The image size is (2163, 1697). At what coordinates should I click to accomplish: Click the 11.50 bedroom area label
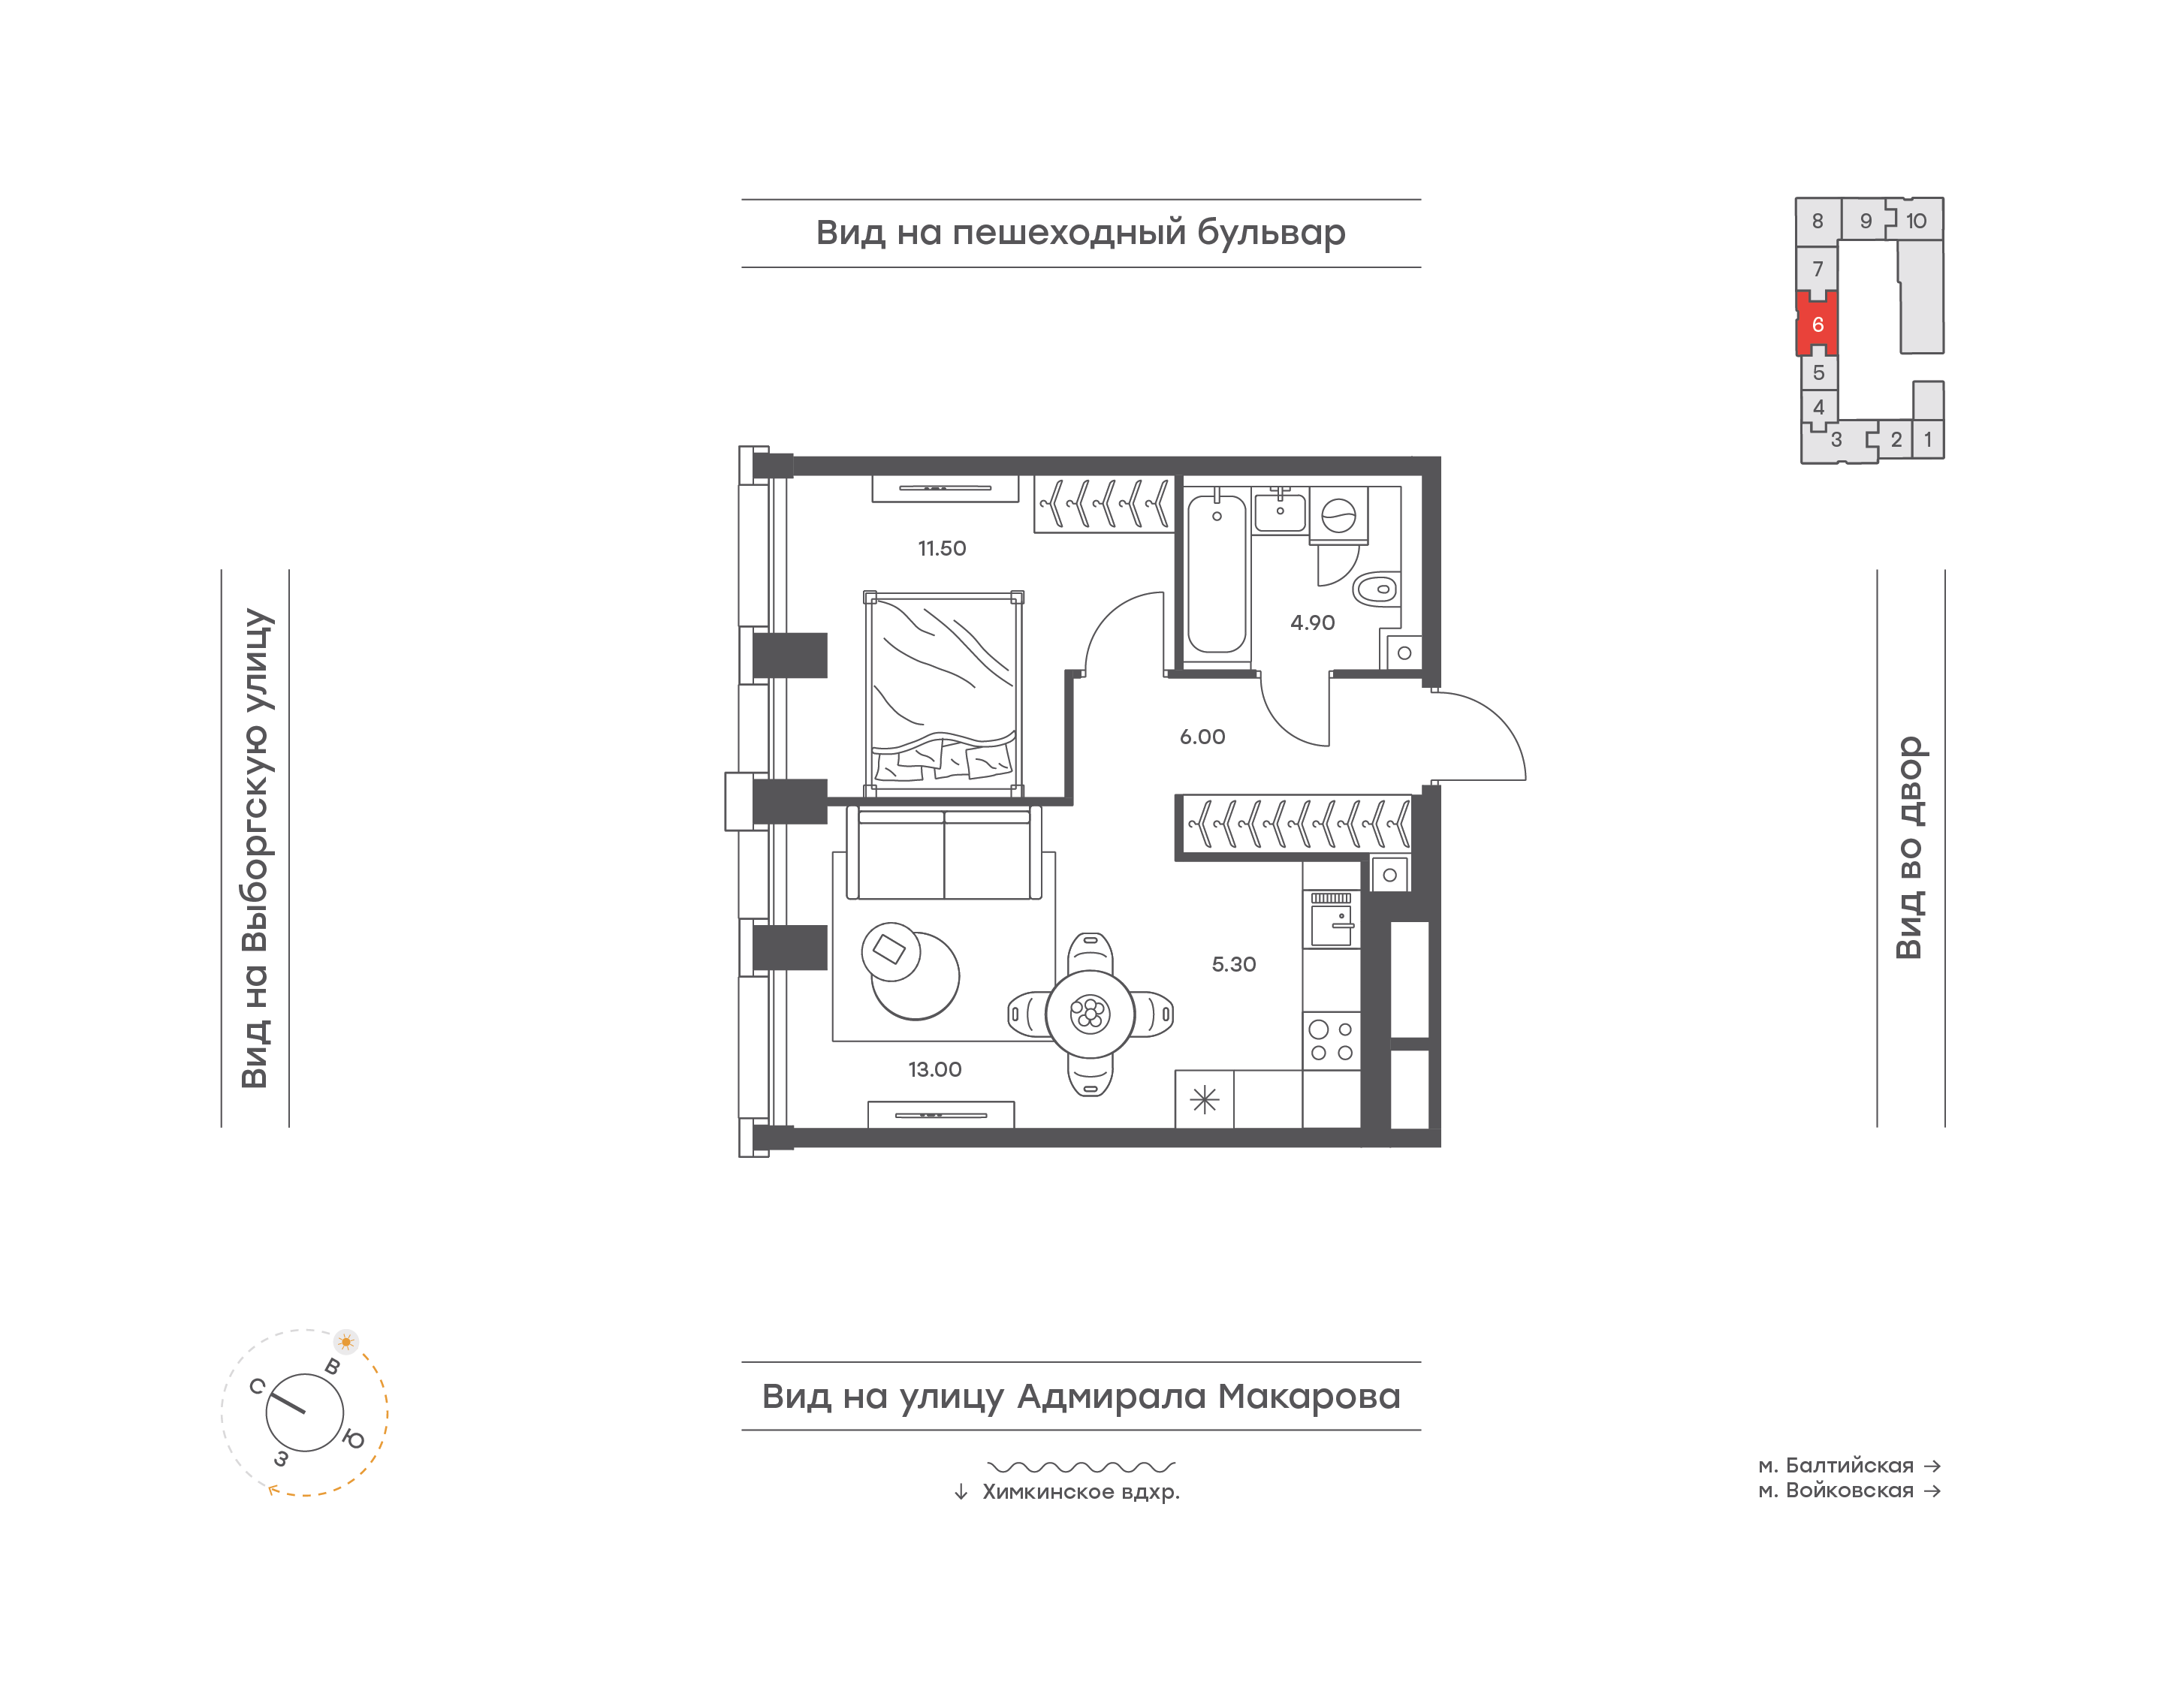click(x=941, y=548)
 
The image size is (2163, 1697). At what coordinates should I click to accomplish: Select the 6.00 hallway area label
click(x=1202, y=737)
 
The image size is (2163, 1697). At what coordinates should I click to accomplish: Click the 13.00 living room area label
click(x=934, y=1070)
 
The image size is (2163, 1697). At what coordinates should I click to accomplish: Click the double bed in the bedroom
click(x=943, y=694)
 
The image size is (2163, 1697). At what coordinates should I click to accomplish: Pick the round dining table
click(x=1090, y=1014)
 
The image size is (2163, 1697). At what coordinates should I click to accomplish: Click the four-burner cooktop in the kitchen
click(x=1332, y=1040)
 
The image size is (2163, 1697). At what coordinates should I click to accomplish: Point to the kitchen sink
click(x=1332, y=920)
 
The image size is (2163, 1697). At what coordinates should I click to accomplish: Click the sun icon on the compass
click(x=345, y=1341)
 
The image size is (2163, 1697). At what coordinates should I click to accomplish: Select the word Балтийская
click(x=1849, y=1466)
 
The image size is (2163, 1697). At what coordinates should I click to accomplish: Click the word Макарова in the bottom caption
click(x=1308, y=1397)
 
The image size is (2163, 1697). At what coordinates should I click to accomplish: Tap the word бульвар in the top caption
click(x=1271, y=233)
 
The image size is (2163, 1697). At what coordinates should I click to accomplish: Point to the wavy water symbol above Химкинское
click(x=1081, y=1466)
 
